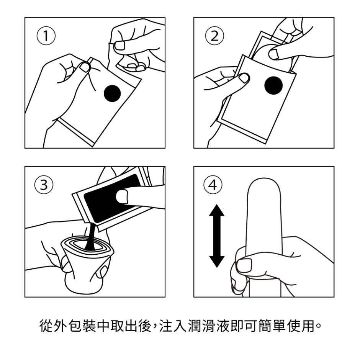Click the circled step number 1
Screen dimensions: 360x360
(46, 36)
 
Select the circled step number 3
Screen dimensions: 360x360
(46, 185)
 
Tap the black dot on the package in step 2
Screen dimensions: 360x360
(273, 85)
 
